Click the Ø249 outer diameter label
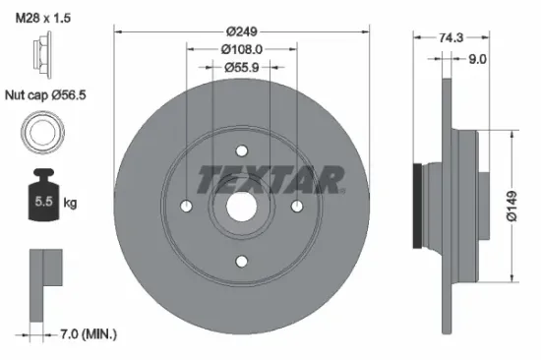click(x=241, y=30)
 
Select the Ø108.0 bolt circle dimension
click(x=241, y=48)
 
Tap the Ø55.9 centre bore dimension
click(x=241, y=67)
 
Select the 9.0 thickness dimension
click(x=476, y=58)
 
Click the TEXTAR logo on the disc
click(x=270, y=179)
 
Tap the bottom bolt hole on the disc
click(x=241, y=261)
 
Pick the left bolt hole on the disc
click(x=186, y=206)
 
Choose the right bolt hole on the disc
click(x=296, y=206)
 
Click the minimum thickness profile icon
click(x=44, y=277)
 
